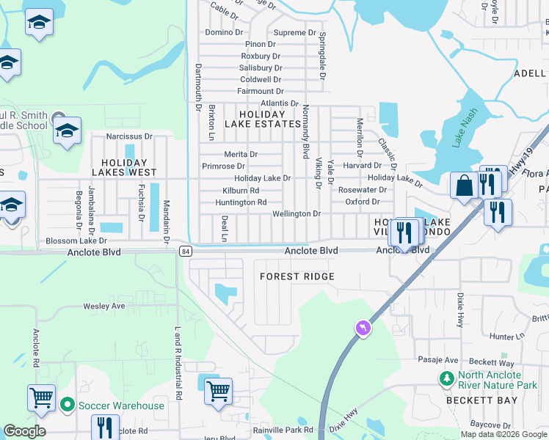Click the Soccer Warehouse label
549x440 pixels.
(x=123, y=406)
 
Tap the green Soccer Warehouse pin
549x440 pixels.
(x=68, y=405)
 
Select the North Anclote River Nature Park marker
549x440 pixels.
(x=446, y=379)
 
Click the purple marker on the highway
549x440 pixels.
(x=363, y=328)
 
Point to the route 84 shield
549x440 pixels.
(x=184, y=252)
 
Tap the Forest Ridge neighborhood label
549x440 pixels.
(x=297, y=276)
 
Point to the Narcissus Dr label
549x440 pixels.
(x=128, y=136)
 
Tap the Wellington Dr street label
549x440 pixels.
(x=297, y=214)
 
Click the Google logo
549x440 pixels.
(x=24, y=431)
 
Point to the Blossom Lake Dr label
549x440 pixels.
(x=76, y=241)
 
